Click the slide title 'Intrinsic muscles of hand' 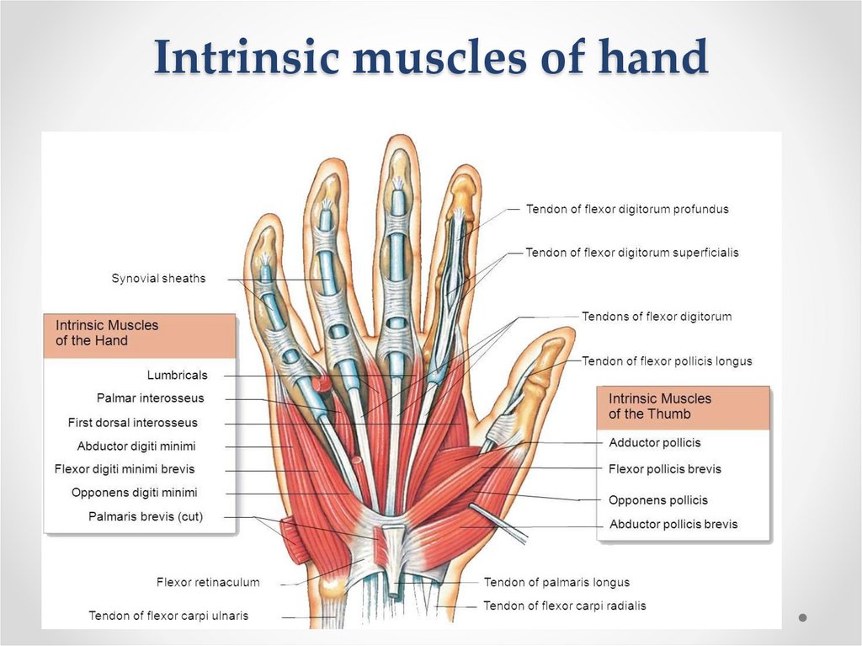(x=430, y=58)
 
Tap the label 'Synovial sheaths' (x=158, y=278)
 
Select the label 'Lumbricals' (x=177, y=375)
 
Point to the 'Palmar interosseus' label (x=150, y=398)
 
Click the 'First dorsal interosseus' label (x=133, y=422)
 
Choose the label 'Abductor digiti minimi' (x=136, y=446)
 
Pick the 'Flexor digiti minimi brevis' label (x=125, y=469)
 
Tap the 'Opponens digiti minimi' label (x=135, y=493)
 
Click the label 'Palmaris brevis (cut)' (x=146, y=516)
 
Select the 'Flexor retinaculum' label (x=208, y=582)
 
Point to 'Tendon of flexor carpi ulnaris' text (x=168, y=616)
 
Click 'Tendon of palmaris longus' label (x=556, y=582)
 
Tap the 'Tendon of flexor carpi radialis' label (x=565, y=606)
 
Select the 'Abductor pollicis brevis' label (x=673, y=524)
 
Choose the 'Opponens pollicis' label (x=658, y=500)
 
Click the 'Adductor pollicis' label (x=655, y=442)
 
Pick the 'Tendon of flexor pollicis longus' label (x=667, y=361)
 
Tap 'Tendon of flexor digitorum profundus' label (x=627, y=209)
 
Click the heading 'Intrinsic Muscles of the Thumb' (x=660, y=406)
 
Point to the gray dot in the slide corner (x=803, y=617)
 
